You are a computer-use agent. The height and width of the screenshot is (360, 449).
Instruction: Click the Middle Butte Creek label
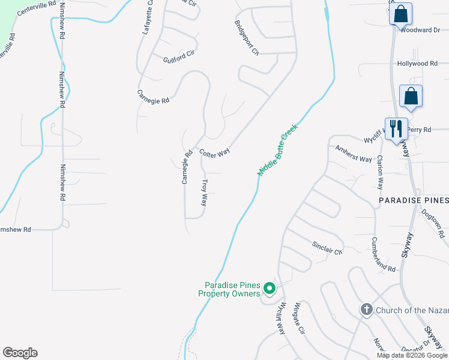click(278, 150)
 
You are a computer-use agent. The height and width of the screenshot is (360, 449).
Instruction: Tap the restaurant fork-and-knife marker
click(396, 129)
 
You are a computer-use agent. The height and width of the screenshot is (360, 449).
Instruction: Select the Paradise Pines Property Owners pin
click(270, 289)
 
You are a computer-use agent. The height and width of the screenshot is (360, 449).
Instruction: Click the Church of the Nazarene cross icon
click(366, 310)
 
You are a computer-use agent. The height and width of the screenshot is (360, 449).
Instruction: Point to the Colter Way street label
click(215, 153)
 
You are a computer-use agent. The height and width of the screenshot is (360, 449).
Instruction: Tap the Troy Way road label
click(204, 193)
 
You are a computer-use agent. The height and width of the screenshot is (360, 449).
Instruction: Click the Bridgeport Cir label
click(247, 38)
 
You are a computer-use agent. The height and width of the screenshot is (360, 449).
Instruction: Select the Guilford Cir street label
click(179, 54)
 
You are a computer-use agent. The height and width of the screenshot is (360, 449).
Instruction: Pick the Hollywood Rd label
click(417, 64)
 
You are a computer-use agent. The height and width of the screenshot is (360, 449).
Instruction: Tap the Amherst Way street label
click(354, 154)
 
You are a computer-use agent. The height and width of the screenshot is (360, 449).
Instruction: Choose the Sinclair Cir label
click(327, 248)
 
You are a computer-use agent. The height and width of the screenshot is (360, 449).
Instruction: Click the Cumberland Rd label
click(383, 255)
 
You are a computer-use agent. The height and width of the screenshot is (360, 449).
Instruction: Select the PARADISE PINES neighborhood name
click(413, 200)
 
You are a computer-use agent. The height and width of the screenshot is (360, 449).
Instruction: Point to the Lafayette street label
click(148, 18)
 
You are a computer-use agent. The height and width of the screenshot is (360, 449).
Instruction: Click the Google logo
click(20, 353)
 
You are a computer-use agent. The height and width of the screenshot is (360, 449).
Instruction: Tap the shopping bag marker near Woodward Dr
click(400, 13)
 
